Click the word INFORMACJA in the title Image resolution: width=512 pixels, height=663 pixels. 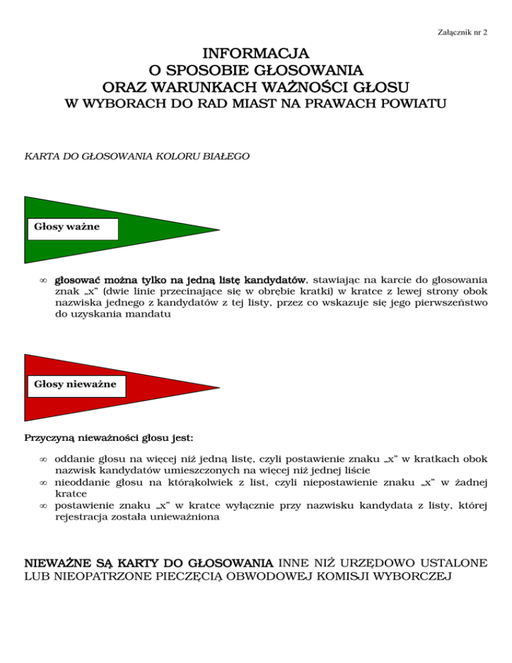255,52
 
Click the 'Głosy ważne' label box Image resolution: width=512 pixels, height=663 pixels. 71,227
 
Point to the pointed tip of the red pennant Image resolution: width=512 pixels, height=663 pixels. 219,387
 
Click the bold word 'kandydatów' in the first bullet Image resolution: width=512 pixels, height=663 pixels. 275,281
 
